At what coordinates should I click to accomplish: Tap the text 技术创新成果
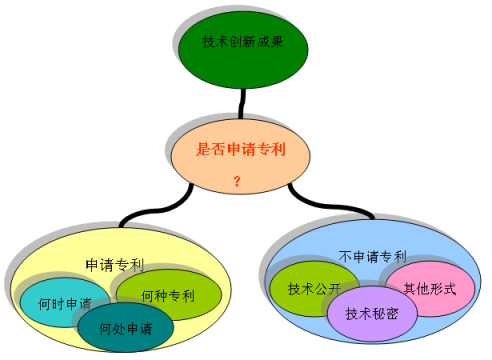241,42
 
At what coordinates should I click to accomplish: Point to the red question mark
237,181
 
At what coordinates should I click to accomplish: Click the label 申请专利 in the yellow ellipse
115,265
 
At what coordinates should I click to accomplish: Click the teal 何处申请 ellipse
126,328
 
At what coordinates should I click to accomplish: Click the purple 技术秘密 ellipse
372,313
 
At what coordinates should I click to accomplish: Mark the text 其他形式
430,288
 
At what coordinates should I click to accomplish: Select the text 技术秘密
372,313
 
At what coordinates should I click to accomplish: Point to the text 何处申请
126,328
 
